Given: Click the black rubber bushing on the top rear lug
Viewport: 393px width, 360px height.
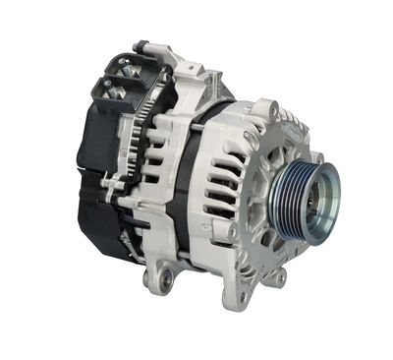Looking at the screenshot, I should pos(141,45).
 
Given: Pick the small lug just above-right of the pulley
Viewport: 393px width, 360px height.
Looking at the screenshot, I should pos(316,157).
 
